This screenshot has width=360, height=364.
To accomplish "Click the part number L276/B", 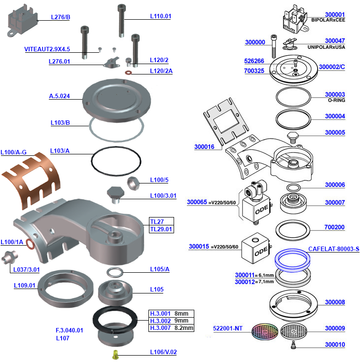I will pyautogui.click(x=61, y=17).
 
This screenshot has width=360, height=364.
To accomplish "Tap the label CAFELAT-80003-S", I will pyautogui.click(x=333, y=249).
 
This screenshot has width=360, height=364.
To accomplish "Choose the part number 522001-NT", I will pyautogui.click(x=228, y=328).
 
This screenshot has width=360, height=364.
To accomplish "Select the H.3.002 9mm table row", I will pyautogui.click(x=172, y=321).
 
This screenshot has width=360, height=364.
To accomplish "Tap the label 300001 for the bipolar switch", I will pyautogui.click(x=335, y=15).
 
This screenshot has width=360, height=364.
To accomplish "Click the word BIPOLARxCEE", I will pyautogui.click(x=328, y=21).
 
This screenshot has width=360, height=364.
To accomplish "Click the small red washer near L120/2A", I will pyautogui.click(x=129, y=72).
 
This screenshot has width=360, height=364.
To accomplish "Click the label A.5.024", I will pyautogui.click(x=59, y=96).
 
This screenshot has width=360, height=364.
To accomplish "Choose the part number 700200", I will pyautogui.click(x=334, y=227).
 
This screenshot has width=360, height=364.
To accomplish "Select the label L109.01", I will pyautogui.click(x=25, y=285).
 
